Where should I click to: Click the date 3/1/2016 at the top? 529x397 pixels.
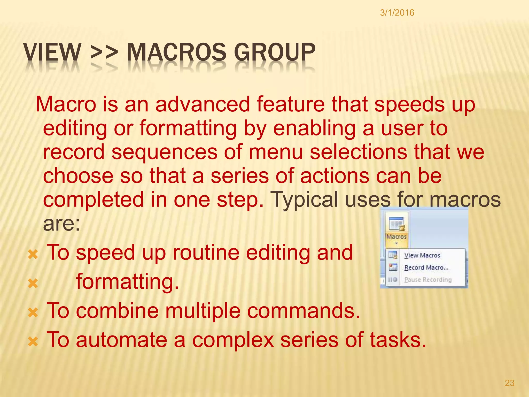point(397,13)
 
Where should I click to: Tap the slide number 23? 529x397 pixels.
point(509,383)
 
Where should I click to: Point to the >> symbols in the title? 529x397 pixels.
point(104,52)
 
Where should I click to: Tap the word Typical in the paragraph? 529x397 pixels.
point(304,200)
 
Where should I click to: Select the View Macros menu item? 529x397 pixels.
point(422,255)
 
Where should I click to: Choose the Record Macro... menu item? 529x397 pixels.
point(426,268)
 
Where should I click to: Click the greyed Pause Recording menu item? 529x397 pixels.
point(428,280)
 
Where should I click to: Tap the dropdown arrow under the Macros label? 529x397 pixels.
point(396,243)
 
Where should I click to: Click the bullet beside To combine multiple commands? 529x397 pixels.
point(33,313)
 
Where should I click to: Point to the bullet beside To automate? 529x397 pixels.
point(33,342)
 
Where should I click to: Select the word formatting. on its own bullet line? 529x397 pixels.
point(127,282)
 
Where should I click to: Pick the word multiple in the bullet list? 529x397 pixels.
point(203,311)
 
